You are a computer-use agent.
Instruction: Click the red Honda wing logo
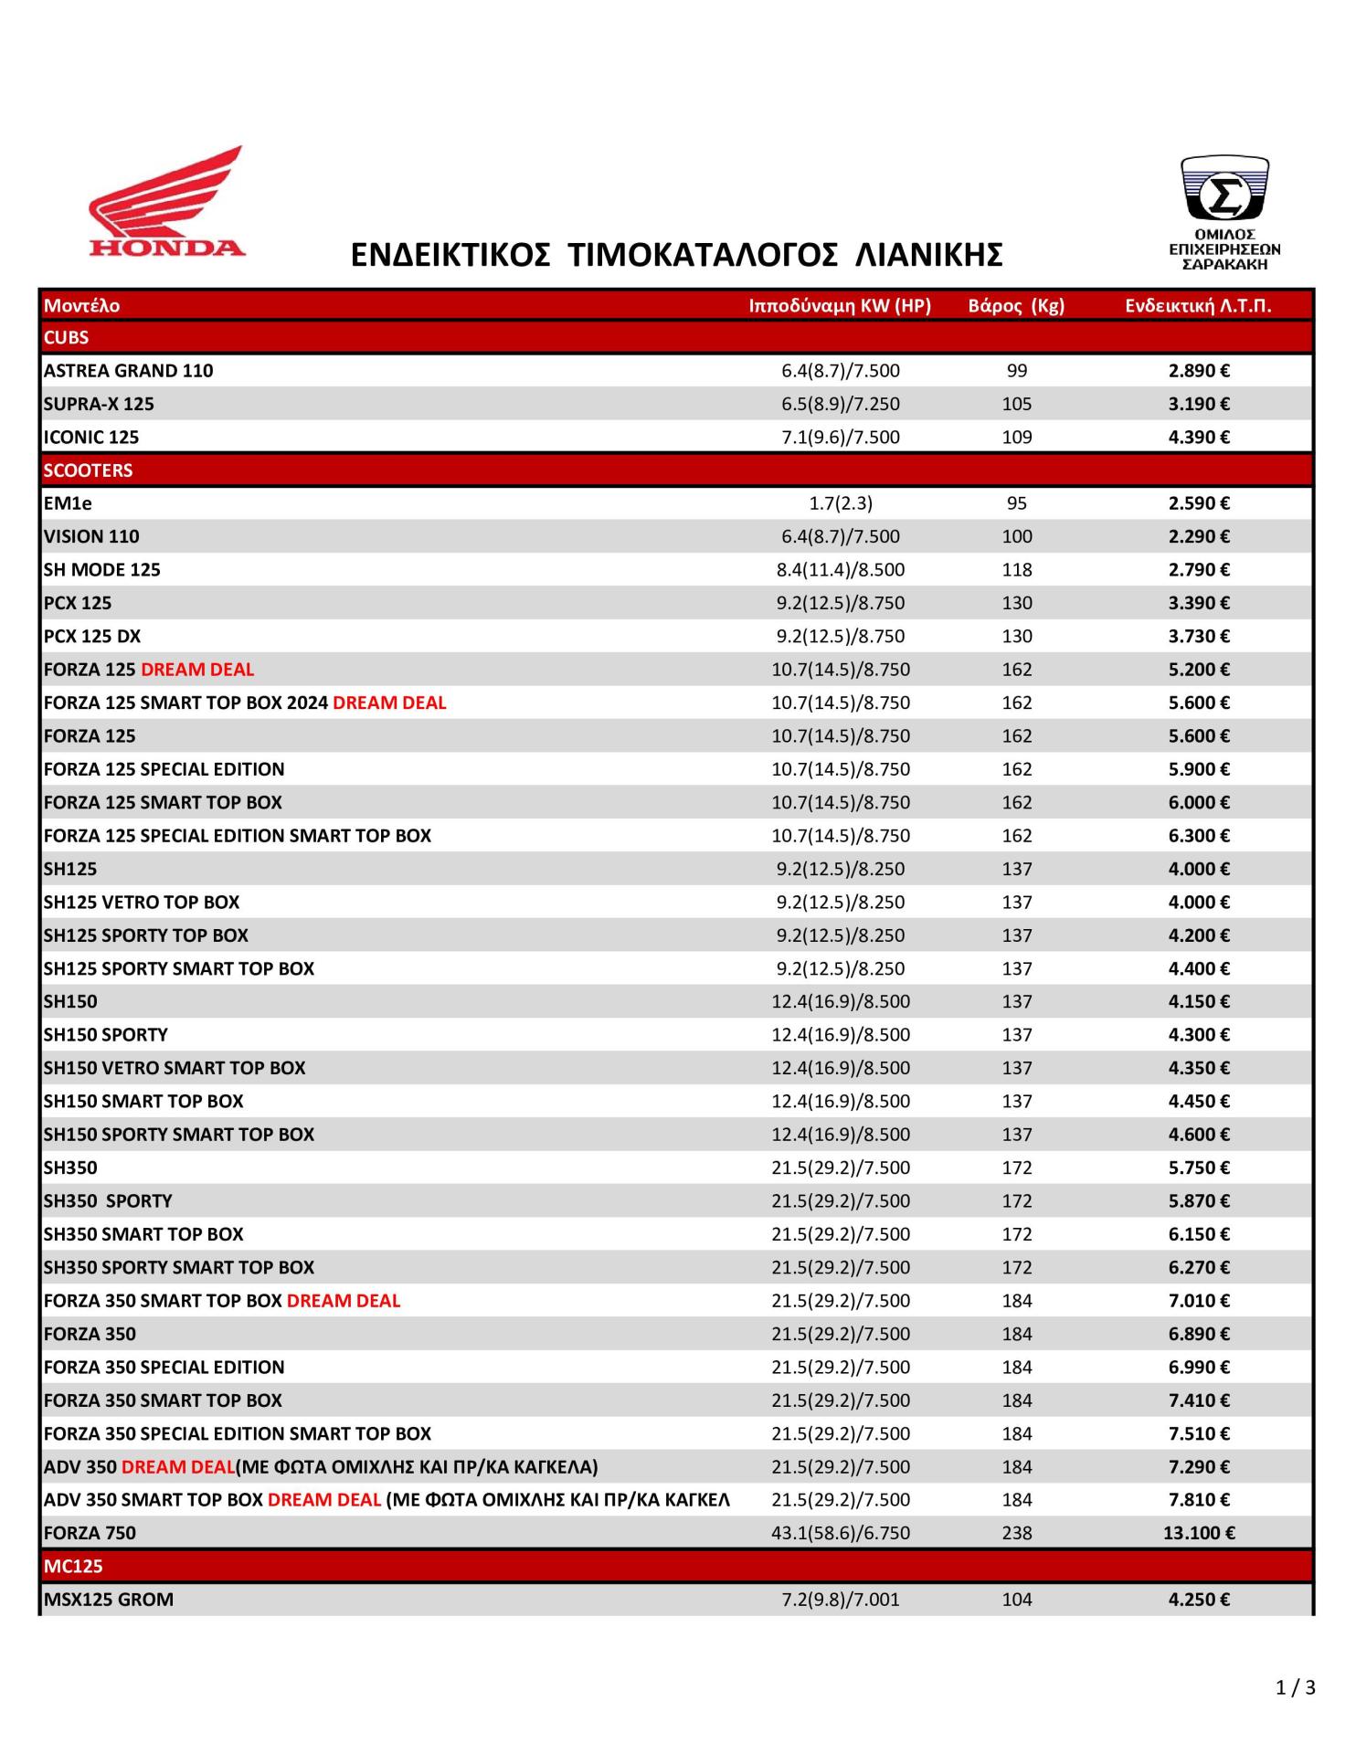(167, 203)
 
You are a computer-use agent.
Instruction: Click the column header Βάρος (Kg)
(1016, 306)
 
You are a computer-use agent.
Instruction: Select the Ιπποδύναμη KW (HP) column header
(840, 306)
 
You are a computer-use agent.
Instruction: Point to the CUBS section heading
(67, 338)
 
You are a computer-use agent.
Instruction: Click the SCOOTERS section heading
(88, 470)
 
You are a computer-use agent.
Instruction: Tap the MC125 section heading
(73, 1566)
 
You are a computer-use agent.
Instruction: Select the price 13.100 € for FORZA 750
(1199, 1533)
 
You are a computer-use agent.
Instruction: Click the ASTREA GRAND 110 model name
(128, 371)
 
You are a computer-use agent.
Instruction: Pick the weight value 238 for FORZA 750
(1016, 1533)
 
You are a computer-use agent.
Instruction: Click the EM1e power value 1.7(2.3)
(841, 503)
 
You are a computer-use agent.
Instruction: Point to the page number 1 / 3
(1295, 1687)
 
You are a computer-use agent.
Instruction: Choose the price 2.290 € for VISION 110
(1199, 536)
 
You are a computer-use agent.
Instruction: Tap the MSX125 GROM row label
(109, 1600)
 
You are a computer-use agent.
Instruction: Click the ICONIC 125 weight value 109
(1016, 437)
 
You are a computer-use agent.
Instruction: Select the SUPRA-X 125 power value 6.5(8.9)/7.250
(841, 404)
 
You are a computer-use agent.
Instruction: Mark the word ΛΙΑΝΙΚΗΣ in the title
(928, 255)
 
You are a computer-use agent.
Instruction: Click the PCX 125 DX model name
(92, 636)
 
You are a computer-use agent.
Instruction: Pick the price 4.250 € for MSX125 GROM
(1199, 1600)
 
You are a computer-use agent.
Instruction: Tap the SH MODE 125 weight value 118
(1016, 570)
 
